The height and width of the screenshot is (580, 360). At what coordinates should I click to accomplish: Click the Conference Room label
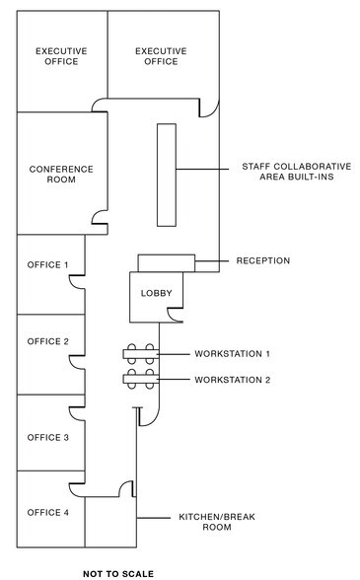(x=61, y=175)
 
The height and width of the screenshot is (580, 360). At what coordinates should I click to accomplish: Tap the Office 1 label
(x=47, y=264)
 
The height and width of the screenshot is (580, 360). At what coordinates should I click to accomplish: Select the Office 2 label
(x=47, y=341)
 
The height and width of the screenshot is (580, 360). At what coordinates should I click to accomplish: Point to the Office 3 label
(x=47, y=437)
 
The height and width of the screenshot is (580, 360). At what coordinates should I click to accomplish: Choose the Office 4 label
(x=47, y=512)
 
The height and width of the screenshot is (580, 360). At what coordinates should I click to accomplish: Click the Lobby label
(x=157, y=293)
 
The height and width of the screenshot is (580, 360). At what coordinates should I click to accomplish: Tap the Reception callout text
(x=262, y=261)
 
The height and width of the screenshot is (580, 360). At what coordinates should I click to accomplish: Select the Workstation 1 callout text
(x=232, y=353)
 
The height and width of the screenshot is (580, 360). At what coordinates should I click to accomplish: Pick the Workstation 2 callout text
(x=232, y=380)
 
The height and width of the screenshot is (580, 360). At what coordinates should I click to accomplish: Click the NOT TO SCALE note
(x=118, y=571)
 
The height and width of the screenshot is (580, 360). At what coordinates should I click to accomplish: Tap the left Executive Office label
(x=61, y=55)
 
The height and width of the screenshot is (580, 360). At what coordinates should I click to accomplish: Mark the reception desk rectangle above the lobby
(x=166, y=262)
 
